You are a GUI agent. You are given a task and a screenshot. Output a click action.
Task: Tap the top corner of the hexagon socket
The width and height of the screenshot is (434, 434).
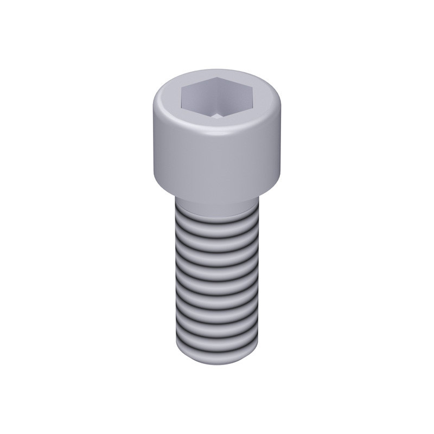217,78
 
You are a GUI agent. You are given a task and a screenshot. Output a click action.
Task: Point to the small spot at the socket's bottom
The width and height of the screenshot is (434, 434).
217,115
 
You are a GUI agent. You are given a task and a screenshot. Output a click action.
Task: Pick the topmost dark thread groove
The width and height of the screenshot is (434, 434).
217,221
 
